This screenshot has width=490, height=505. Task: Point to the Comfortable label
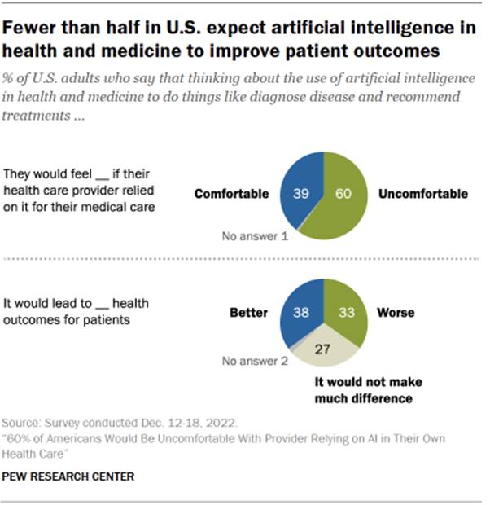(x=232, y=194)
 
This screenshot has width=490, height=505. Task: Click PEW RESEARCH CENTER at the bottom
(x=68, y=475)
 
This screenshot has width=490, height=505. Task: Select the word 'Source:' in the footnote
(x=24, y=424)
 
